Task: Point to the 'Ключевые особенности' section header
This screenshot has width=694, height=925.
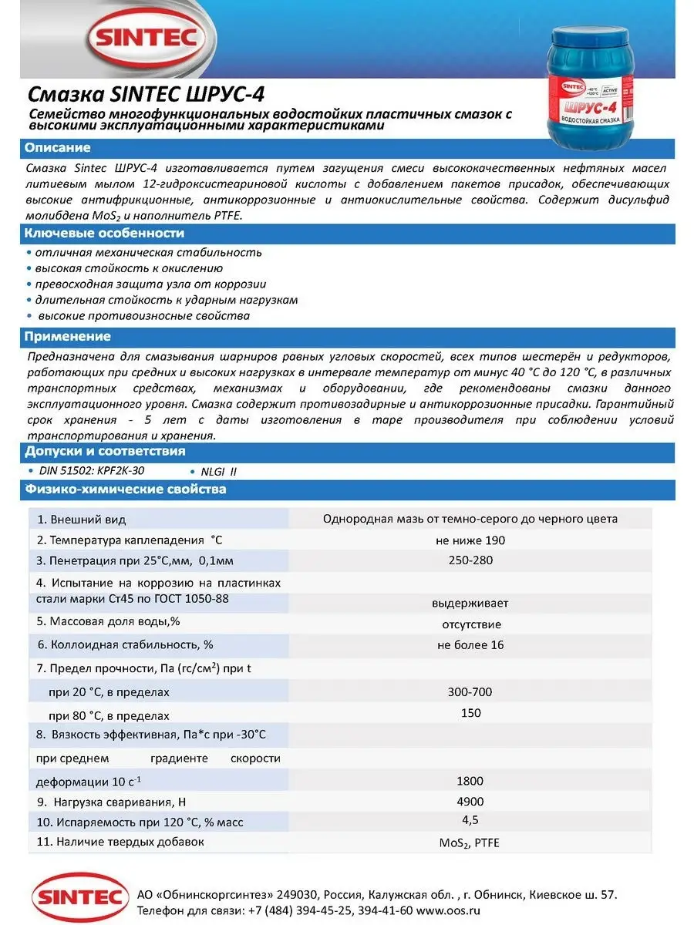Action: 104,234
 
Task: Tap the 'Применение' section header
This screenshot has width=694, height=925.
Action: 68,337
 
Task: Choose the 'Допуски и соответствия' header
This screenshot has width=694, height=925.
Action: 105,452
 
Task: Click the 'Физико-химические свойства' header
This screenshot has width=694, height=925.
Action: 125,489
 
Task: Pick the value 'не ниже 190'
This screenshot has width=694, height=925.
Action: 470,540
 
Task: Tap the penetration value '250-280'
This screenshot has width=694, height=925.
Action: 470,560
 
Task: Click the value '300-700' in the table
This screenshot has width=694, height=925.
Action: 470,691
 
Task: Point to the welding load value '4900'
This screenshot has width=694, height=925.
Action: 470,802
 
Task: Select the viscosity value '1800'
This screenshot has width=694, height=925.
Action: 470,781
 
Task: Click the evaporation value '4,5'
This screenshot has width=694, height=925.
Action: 470,819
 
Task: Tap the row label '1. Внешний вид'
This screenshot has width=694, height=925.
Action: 82,520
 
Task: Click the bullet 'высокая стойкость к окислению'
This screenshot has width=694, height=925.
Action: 129,268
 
